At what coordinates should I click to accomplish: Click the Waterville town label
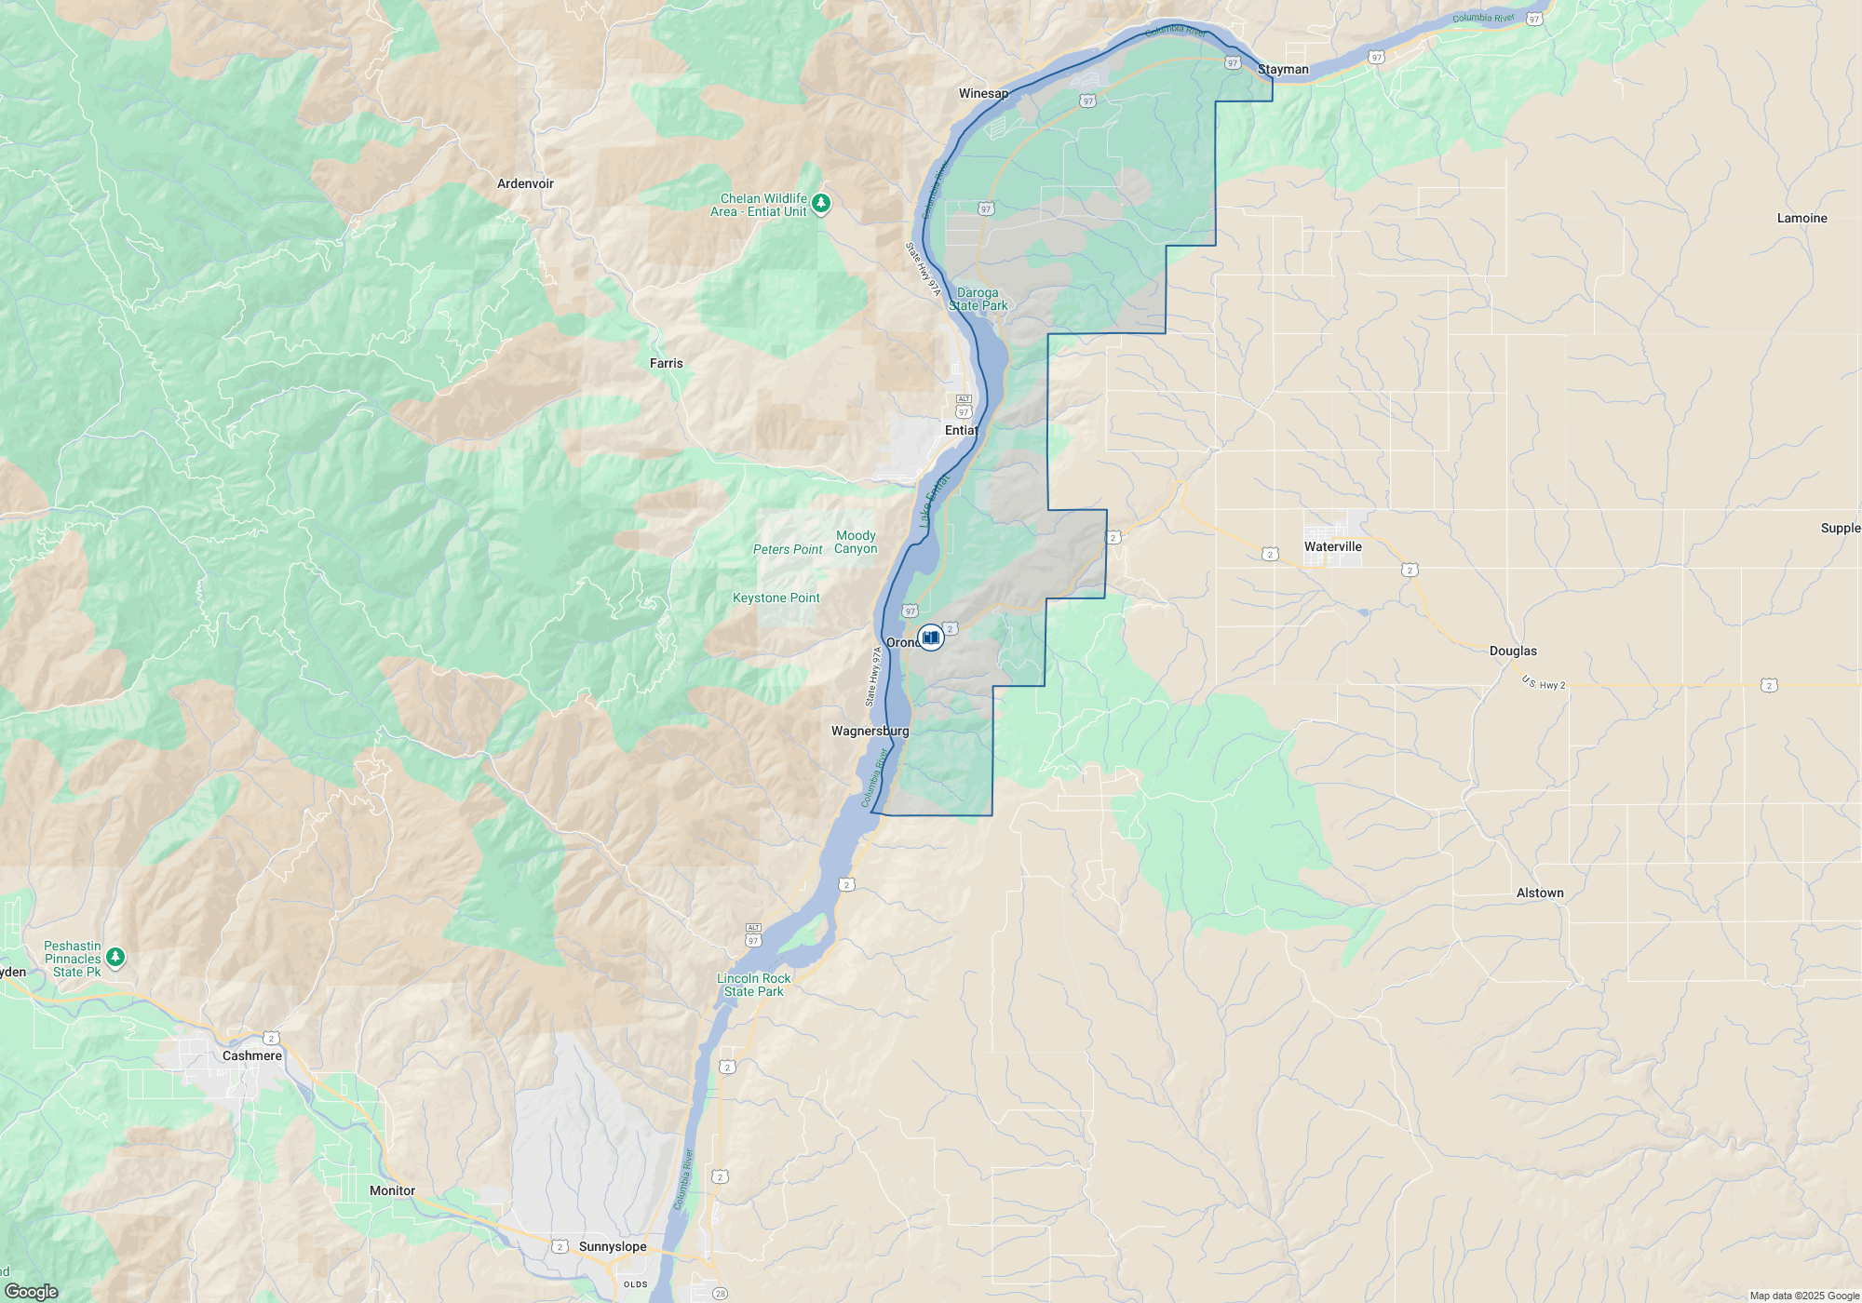[1332, 546]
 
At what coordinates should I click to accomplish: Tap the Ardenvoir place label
[525, 183]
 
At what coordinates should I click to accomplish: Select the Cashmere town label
[251, 1055]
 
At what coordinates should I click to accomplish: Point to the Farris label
[666, 363]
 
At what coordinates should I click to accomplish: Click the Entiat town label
[961, 430]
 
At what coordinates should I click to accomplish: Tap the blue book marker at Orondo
[930, 638]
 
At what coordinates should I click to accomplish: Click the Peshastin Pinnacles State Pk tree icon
[115, 957]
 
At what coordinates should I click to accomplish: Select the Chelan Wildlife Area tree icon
[820, 203]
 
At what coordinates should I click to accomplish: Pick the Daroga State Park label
[978, 299]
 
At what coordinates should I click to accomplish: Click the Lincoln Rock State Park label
[753, 985]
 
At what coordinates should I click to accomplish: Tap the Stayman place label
[1283, 69]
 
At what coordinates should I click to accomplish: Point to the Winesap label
[983, 93]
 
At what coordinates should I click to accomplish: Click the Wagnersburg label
[870, 731]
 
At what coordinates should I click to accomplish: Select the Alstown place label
[1540, 893]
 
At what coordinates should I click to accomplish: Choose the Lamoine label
[1801, 218]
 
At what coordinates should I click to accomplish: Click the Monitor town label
[392, 1190]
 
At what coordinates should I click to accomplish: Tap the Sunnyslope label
[612, 1246]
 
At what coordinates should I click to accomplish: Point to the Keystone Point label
[776, 598]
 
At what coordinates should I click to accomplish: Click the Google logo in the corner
[31, 1291]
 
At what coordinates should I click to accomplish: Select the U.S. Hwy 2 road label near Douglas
[1544, 683]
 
